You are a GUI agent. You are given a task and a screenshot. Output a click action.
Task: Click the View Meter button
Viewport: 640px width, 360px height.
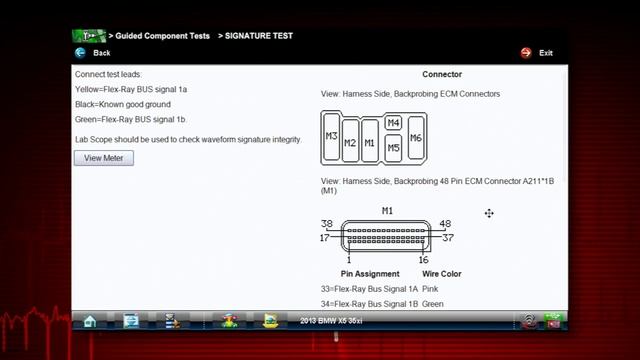point(104,158)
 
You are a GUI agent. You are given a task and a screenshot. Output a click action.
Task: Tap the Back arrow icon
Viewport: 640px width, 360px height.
point(80,53)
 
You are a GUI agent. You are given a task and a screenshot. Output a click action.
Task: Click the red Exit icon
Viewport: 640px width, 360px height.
point(526,53)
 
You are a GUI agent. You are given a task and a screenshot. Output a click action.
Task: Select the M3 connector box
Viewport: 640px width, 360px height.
point(331,137)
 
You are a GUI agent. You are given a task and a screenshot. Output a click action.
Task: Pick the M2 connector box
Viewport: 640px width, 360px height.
point(350,142)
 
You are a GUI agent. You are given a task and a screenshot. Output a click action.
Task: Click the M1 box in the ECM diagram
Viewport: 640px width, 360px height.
point(369,142)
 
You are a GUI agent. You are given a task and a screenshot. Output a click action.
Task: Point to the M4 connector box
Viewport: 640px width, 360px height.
point(393,123)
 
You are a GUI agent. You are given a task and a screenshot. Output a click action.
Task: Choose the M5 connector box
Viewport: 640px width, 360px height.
point(393,148)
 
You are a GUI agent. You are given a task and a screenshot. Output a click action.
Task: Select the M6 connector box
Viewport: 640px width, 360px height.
point(416,138)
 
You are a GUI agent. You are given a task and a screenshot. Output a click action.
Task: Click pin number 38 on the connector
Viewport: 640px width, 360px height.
point(326,224)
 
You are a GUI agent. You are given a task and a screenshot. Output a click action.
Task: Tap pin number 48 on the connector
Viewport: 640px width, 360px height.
point(445,224)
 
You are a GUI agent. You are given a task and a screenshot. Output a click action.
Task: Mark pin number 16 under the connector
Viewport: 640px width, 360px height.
point(423,260)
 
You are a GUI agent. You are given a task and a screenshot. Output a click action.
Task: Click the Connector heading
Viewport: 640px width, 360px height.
point(442,74)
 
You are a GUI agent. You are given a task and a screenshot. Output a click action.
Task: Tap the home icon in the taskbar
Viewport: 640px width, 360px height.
point(90,321)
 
